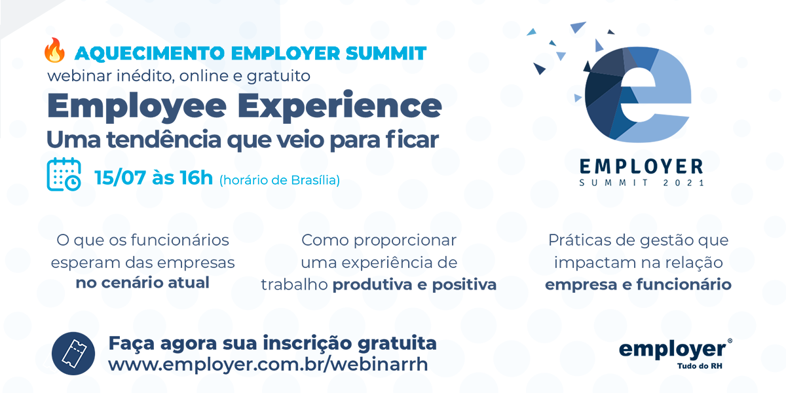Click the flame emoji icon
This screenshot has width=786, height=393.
54,50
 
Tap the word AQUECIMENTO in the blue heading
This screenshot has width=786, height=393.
150,54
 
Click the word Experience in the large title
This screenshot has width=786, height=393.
340,106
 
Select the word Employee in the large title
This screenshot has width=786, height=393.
137,107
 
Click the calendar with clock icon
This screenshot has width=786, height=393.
64,174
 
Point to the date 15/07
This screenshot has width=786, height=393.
120,178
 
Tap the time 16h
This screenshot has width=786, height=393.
196,178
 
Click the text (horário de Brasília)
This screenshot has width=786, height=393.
280,180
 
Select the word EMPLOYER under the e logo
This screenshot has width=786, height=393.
641,166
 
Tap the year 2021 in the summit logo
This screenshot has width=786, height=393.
684,183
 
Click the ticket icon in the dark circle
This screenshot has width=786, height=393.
73,353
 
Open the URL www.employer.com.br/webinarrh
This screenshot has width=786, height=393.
268,364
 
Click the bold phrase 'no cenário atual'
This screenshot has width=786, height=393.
143,283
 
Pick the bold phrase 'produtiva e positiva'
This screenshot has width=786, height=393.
415,285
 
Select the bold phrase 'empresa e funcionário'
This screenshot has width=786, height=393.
638,284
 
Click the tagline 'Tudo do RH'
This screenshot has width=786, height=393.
700,366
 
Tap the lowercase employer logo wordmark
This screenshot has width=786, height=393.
673,350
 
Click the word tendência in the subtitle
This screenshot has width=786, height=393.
164,140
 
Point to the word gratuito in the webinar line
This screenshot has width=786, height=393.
278,76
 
